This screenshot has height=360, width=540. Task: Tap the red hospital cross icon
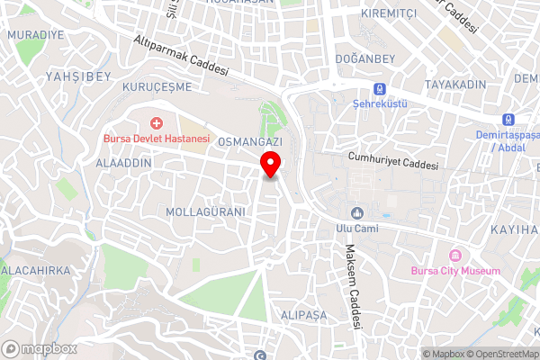coord(157,121)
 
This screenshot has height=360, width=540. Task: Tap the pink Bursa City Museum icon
coord(455,255)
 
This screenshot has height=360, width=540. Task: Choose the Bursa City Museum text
coord(455,271)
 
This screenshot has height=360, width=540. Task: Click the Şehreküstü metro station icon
coord(380,89)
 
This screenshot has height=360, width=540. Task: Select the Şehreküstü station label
coord(380,104)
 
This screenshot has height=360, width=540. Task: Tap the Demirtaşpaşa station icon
coord(508,120)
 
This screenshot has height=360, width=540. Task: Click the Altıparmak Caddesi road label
coord(181,56)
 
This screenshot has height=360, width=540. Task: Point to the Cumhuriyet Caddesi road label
coord(393,161)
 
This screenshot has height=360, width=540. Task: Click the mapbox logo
coord(40,347)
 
